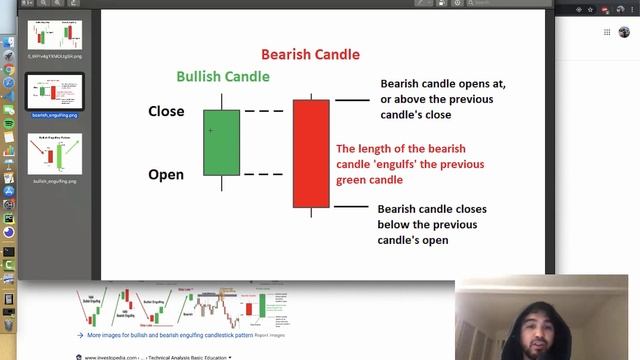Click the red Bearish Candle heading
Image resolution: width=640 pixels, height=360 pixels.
[x=310, y=54]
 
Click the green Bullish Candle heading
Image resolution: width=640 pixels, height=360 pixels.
[x=222, y=76]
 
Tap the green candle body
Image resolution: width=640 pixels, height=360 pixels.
[x=221, y=142]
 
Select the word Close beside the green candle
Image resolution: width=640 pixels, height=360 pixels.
[x=166, y=111]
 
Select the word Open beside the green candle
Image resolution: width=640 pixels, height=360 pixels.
[x=166, y=175]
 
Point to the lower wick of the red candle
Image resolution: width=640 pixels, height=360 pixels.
[x=311, y=212]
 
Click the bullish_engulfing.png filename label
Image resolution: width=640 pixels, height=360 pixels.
[x=55, y=182]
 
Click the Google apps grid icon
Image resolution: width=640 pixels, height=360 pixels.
[x=607, y=32]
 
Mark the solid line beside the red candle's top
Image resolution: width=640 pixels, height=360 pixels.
[x=351, y=100]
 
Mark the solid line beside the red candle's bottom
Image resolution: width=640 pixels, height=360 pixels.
[x=351, y=206]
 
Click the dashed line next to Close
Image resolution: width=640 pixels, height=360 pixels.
[x=263, y=111]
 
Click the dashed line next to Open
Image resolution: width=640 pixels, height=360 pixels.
[x=263, y=175]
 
